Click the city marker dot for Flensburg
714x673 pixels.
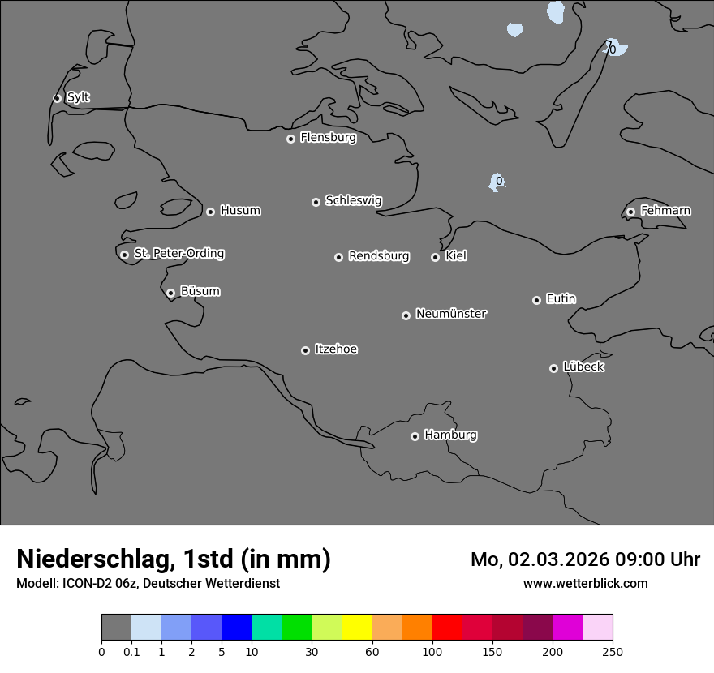[290, 139]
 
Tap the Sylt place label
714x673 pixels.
[78, 97]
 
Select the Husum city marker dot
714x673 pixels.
[210, 212]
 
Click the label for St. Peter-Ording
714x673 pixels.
[178, 254]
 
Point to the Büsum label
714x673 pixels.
[200, 291]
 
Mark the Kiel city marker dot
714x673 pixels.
[435, 257]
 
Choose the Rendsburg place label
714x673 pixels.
[379, 256]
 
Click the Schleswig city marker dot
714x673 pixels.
[316, 202]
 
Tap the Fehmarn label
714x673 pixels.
[665, 211]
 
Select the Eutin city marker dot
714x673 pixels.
[536, 300]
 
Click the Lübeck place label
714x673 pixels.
[583, 367]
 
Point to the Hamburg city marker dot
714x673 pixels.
[415, 436]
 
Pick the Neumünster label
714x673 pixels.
[451, 314]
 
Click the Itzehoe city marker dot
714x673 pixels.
[305, 350]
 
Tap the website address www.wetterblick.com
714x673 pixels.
[585, 583]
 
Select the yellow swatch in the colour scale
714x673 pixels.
[357, 628]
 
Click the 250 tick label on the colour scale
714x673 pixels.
[612, 651]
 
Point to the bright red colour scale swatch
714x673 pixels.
[447, 628]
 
